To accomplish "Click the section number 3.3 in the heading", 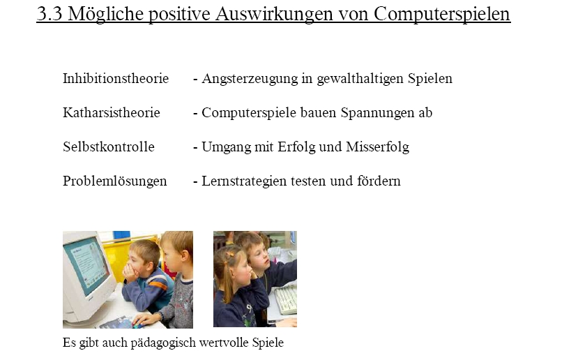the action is (x=49, y=14).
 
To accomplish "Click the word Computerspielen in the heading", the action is (x=442, y=15).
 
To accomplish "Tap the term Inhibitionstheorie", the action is (x=116, y=78).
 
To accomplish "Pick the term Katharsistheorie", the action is (x=112, y=112).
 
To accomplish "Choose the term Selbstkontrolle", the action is (x=109, y=147).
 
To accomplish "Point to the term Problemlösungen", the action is (x=114, y=181).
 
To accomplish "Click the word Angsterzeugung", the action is (x=250, y=79).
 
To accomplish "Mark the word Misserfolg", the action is (x=377, y=147).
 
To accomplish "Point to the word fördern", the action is (x=379, y=181).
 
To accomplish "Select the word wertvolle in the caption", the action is (x=224, y=343).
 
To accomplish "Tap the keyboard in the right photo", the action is (x=285, y=299).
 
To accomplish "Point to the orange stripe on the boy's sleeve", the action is (x=158, y=285).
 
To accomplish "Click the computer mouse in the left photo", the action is (x=138, y=325).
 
